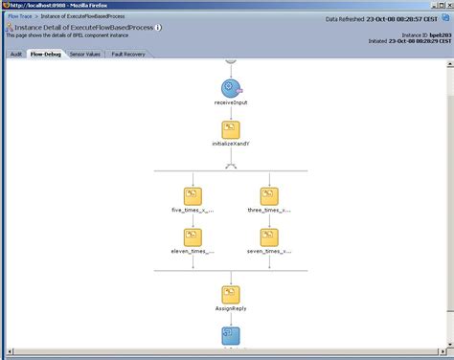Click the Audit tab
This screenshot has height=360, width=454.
pos(15,55)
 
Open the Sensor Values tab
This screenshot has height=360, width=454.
pos(86,55)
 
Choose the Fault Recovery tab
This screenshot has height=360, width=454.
pos(129,55)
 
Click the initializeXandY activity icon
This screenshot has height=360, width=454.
pos(231,130)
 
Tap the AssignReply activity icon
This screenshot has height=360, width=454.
pos(231,295)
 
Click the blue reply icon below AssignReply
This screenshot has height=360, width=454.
pos(231,336)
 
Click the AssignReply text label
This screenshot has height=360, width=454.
pos(231,310)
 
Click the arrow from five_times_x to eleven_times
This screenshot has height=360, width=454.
pos(193,219)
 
